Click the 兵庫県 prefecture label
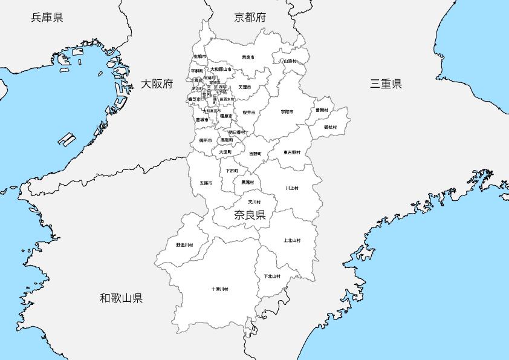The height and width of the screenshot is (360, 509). pyautogui.click(x=47, y=17)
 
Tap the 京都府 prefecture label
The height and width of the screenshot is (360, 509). pyautogui.click(x=250, y=17)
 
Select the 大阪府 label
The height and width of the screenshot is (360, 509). pyautogui.click(x=157, y=83)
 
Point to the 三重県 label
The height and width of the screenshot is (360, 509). pyautogui.click(x=386, y=83)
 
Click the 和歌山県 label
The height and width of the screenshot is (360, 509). pyautogui.click(x=122, y=298)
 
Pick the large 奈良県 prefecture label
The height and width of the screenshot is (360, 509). pyautogui.click(x=250, y=214)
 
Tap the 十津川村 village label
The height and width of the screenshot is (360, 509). pyautogui.click(x=219, y=289)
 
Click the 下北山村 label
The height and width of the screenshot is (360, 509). pyautogui.click(x=272, y=276)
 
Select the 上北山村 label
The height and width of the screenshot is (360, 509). pyautogui.click(x=292, y=240)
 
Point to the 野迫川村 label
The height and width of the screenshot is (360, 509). pyautogui.click(x=184, y=245)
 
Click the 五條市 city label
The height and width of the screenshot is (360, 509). pyautogui.click(x=206, y=183)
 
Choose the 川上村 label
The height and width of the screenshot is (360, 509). pyautogui.click(x=292, y=188)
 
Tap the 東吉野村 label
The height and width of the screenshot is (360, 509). pyautogui.click(x=292, y=152)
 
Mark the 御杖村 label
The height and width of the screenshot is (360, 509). pyautogui.click(x=330, y=127)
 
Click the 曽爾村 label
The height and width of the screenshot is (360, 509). pyautogui.click(x=322, y=110)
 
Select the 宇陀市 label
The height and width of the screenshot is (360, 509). pyautogui.click(x=287, y=112)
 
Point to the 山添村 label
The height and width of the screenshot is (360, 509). pyautogui.click(x=290, y=61)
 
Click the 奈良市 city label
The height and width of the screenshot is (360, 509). pyautogui.click(x=248, y=57)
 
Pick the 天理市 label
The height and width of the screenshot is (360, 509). pyautogui.click(x=244, y=87)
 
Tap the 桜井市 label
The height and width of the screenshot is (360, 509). pyautogui.click(x=248, y=113)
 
